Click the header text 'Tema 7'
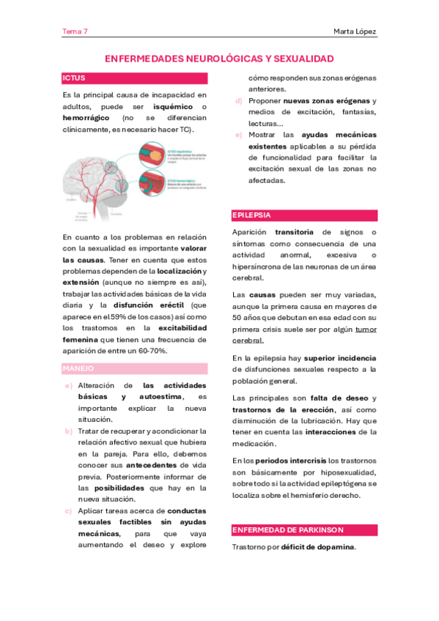[75, 31]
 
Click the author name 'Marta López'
[355, 31]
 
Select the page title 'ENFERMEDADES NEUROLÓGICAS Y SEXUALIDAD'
[219, 58]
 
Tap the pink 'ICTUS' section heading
[74, 77]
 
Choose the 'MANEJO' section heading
[78, 368]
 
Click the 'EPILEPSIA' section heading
[251, 215]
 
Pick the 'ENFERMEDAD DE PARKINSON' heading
[287, 529]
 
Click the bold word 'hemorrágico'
[86, 118]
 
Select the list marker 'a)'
[68, 385]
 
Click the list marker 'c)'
[68, 510]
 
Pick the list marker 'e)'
[239, 135]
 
